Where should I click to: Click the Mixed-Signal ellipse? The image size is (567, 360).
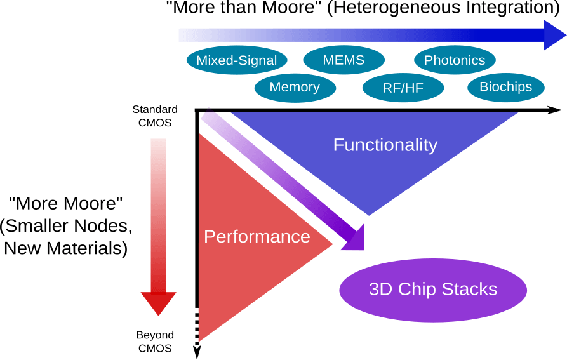(236, 60)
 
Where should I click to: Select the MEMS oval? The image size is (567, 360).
(344, 60)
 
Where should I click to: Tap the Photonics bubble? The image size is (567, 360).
(455, 60)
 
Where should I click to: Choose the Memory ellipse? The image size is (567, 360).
(295, 88)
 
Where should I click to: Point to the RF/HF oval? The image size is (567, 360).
(403, 88)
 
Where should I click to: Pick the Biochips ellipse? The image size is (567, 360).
(505, 87)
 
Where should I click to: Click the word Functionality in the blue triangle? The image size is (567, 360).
(385, 145)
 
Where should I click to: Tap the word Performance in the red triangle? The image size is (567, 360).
(257, 237)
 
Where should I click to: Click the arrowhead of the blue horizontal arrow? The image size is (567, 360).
(554, 35)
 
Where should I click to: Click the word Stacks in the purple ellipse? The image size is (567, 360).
(470, 290)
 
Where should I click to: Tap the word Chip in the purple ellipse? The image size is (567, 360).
(418, 290)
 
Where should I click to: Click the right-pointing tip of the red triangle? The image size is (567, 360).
(332, 244)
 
